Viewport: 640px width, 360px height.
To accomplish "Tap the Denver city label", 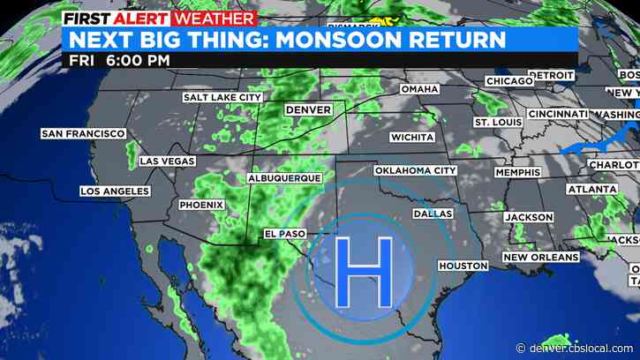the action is tap(308, 109).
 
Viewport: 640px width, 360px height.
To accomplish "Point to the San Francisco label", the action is tap(83, 134).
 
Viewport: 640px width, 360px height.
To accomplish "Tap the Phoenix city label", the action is tap(201, 205).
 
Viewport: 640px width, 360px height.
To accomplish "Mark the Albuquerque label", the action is tap(285, 177).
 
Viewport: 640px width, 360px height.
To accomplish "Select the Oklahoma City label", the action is tap(415, 170).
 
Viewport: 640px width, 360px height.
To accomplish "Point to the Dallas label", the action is tap(433, 214).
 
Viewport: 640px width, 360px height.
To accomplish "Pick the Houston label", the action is tap(463, 266).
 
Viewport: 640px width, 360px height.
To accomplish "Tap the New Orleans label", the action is tap(540, 257).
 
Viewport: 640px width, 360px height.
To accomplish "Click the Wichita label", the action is tap(413, 138).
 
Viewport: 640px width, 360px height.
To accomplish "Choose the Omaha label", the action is tap(419, 89).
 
